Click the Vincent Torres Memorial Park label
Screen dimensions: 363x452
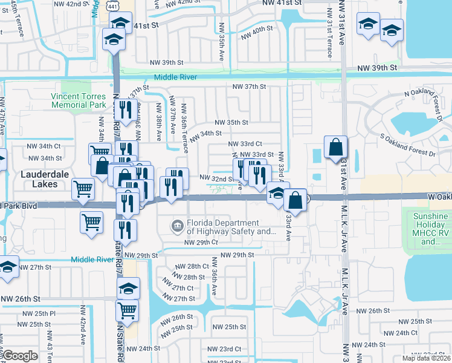click(x=79, y=100)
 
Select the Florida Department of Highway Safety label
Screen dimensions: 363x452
click(x=231, y=227)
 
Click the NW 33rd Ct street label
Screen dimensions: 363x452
click(x=245, y=143)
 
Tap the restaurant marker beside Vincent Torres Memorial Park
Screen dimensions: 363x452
click(x=124, y=110)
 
